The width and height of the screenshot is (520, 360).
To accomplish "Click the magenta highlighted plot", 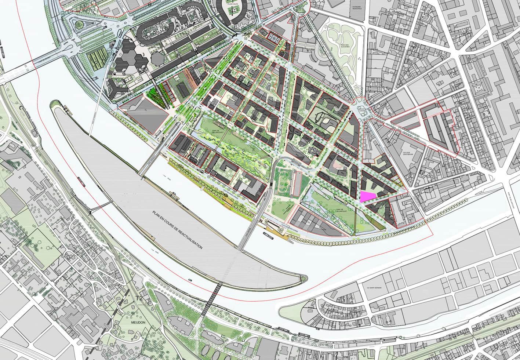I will pos(367,197).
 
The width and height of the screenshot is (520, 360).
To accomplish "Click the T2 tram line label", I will pos(139,298).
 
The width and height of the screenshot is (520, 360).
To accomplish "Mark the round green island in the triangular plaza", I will pos(78,25).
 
